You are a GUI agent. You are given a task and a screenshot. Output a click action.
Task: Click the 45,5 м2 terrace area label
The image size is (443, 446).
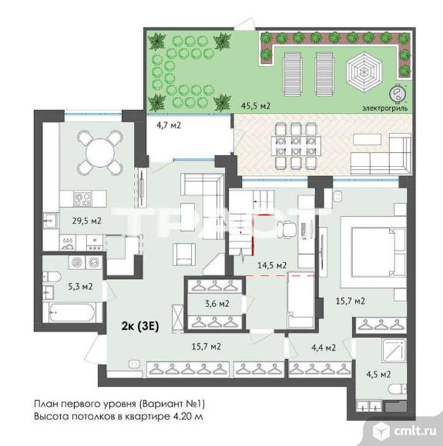pyautogui.click(x=256, y=106)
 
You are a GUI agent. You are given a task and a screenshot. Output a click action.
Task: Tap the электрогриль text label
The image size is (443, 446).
pyautogui.click(x=385, y=108)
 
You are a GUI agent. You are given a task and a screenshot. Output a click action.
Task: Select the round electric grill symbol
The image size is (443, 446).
pyautogui.click(x=397, y=93)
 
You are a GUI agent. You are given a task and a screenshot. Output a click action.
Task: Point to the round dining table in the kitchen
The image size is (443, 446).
pyautogui.click(x=100, y=152)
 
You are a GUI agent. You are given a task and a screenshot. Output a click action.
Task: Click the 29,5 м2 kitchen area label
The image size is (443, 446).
pyautogui.click(x=86, y=221)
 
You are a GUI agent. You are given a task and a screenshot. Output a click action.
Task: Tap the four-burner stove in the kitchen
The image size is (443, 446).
pyautogui.click(x=82, y=199)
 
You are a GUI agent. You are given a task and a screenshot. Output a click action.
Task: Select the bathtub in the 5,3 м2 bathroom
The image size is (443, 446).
pyautogui.click(x=72, y=312)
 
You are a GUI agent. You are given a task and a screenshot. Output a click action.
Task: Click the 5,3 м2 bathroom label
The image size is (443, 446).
pyautogui.click(x=80, y=286)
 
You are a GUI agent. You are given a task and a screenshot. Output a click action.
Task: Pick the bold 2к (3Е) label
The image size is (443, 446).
pyautogui.click(x=140, y=326)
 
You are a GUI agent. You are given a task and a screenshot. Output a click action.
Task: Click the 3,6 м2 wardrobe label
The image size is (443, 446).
pyautogui.click(x=217, y=304)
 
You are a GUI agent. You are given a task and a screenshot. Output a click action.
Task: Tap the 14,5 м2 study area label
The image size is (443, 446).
pyautogui.click(x=272, y=265)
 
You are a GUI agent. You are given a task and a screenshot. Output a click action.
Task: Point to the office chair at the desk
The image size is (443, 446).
pyautogui.click(x=287, y=229)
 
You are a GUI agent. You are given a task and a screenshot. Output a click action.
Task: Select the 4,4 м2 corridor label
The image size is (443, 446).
pyautogui.click(x=323, y=348)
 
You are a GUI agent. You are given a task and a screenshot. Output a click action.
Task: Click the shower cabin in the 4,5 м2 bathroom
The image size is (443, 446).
pyautogui.click(x=394, y=351)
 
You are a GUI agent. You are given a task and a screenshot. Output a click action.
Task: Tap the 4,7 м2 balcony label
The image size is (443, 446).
pyautogui.click(x=169, y=125)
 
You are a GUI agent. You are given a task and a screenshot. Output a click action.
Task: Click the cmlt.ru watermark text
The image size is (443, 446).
pyautogui.click(x=415, y=431)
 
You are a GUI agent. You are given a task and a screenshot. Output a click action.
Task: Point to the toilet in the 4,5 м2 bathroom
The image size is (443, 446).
pyautogui.click(x=398, y=388)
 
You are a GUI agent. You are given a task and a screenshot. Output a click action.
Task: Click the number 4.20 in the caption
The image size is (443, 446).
pyautogui.click(x=183, y=417)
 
